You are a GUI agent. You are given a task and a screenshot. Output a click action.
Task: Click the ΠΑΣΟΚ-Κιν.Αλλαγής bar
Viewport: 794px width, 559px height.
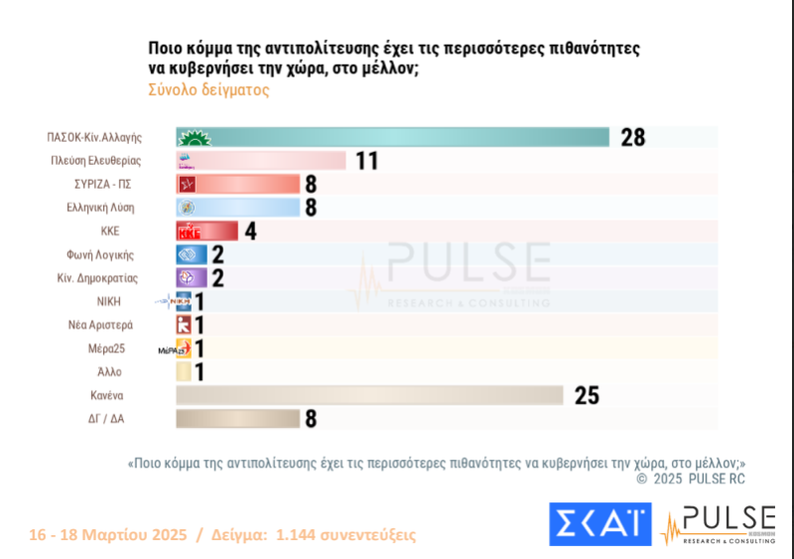(x=392, y=137)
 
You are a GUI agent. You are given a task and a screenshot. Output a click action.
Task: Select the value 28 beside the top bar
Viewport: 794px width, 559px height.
(x=633, y=138)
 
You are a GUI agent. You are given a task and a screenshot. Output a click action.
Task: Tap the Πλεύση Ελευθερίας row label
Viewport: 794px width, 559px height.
(x=95, y=161)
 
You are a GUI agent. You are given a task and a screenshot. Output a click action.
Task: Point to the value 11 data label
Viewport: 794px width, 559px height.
(x=367, y=161)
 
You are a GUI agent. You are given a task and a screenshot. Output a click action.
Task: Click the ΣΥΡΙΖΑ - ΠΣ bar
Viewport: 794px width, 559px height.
(x=238, y=184)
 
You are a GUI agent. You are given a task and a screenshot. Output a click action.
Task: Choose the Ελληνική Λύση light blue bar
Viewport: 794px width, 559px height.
(x=238, y=208)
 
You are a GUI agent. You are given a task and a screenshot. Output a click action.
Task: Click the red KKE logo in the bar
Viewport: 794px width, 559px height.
(x=189, y=231)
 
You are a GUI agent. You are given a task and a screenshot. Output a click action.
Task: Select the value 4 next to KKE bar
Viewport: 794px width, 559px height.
(x=251, y=231)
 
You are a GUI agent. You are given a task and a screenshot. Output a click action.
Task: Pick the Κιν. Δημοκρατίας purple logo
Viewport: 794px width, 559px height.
(x=186, y=277)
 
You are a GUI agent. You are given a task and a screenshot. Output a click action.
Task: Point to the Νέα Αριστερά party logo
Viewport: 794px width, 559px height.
(x=184, y=325)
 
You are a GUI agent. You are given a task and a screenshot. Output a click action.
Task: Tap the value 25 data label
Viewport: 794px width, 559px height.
(x=587, y=395)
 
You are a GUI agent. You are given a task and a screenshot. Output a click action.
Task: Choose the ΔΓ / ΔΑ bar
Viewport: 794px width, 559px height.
(x=238, y=418)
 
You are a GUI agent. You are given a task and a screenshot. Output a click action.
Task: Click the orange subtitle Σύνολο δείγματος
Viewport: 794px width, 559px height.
(x=208, y=89)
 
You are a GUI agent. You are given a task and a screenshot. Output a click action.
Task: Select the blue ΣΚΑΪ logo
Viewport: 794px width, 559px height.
(x=599, y=524)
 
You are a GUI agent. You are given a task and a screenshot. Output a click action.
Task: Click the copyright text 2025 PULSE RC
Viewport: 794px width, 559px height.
(x=697, y=479)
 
